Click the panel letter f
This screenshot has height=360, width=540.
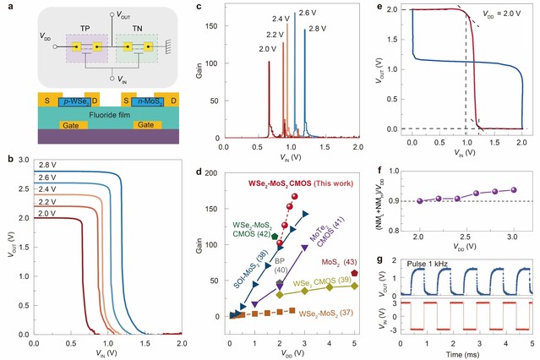[x=385, y=168]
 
